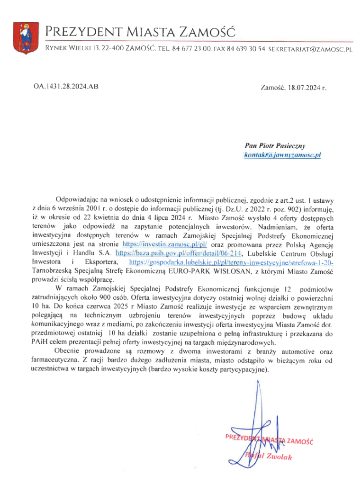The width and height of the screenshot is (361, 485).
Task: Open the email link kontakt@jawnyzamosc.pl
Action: (283, 155)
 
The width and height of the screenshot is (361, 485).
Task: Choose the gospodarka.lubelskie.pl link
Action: (231, 261)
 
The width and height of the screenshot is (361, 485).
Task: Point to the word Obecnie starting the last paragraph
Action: (67, 351)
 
